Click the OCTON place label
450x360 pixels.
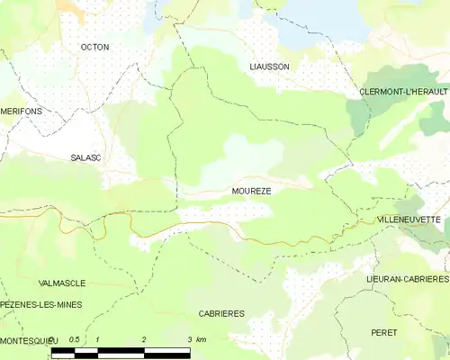click(x=94, y=46)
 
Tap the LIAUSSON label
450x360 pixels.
click(x=270, y=67)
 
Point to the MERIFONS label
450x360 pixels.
click(x=21, y=112)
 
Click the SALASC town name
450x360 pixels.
click(x=86, y=157)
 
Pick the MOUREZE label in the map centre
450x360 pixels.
click(x=251, y=192)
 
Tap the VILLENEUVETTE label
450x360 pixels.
click(x=409, y=220)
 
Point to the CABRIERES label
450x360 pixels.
click(x=221, y=313)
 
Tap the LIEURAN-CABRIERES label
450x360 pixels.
click(x=407, y=280)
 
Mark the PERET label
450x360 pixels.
click(x=384, y=332)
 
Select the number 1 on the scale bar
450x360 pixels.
click(x=97, y=339)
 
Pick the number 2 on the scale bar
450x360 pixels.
click(x=144, y=339)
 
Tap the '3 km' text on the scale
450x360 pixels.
click(x=196, y=339)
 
